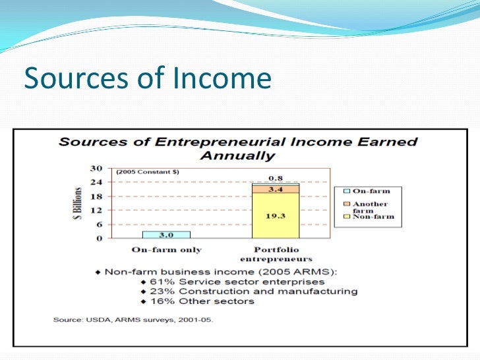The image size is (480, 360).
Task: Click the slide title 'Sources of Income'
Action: pos(147,78)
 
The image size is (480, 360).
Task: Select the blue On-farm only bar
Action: pos(166,235)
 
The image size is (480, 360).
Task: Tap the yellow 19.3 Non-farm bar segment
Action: pos(276,216)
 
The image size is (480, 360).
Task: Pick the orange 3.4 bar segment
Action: pos(276,189)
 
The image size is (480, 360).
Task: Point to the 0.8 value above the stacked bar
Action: pos(276,178)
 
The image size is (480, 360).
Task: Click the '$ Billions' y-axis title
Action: pos(78,203)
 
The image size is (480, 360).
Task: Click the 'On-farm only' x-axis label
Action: pos(166,250)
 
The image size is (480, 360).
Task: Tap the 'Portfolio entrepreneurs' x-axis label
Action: pos(276,255)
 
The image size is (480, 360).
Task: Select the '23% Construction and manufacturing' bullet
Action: pos(250,291)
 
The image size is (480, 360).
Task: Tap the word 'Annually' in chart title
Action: pos(237,156)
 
